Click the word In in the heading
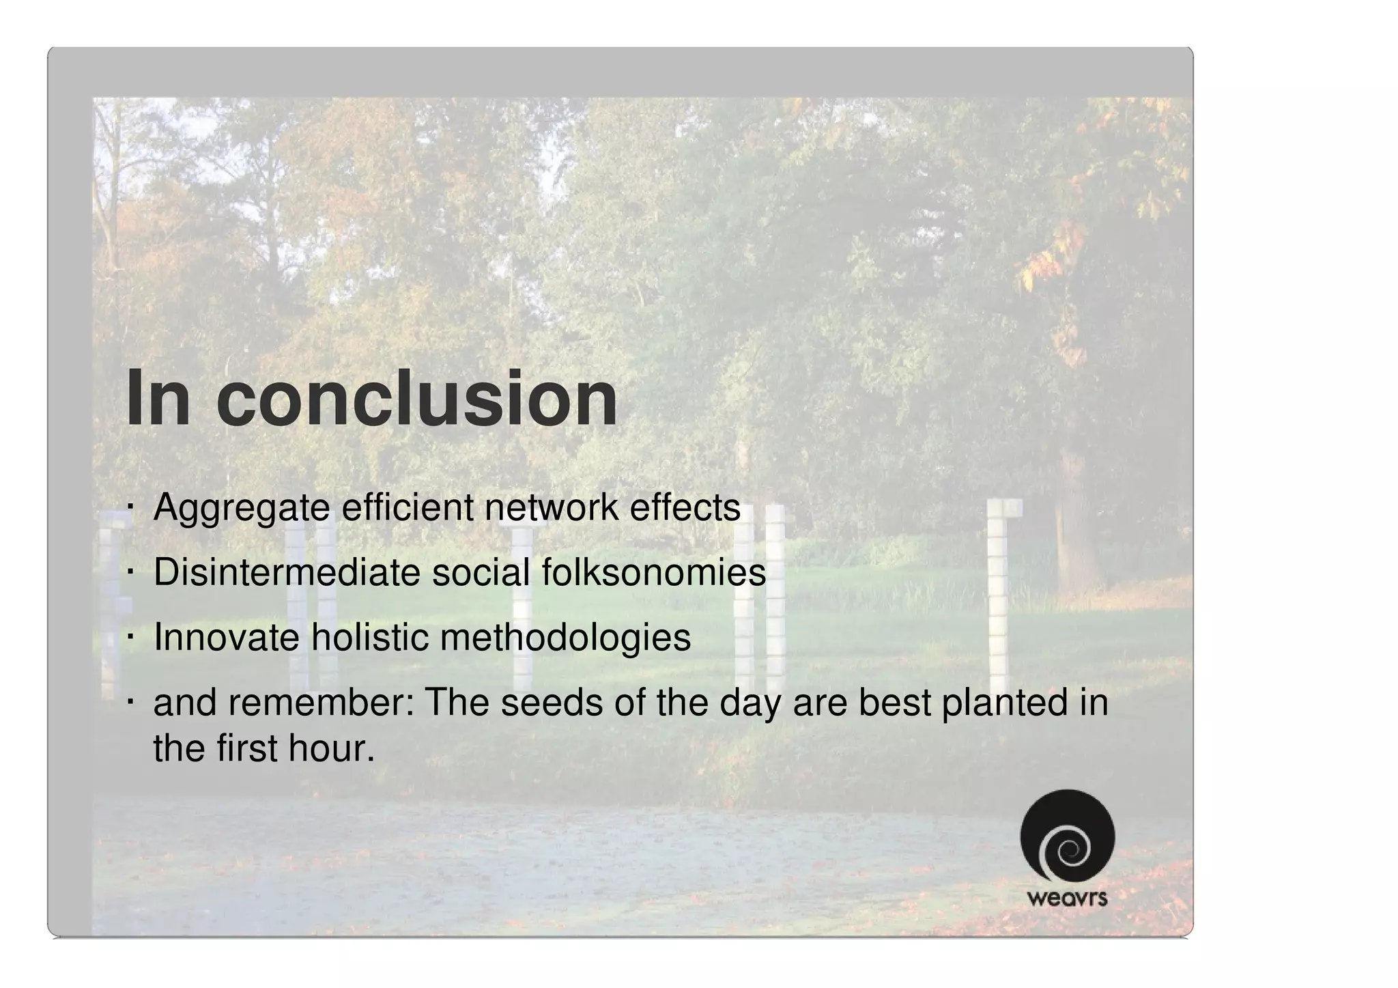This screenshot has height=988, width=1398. pyautogui.click(x=158, y=399)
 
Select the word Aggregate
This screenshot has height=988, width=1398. pyautogui.click(x=241, y=509)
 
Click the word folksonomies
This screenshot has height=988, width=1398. pyautogui.click(x=653, y=572)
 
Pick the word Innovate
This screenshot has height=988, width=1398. pyautogui.click(x=226, y=637)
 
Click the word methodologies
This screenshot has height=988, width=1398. pyautogui.click(x=565, y=638)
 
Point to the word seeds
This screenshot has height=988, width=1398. pyautogui.click(x=552, y=702)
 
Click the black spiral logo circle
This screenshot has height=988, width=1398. pyautogui.click(x=1067, y=836)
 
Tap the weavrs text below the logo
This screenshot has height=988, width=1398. pyautogui.click(x=1067, y=898)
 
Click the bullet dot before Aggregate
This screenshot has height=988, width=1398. pyautogui.click(x=129, y=509)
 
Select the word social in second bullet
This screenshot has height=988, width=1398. pyautogui.click(x=481, y=572)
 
